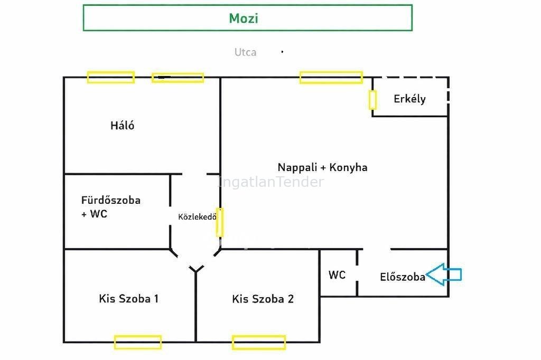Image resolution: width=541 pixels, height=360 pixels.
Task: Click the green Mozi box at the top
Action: (x=247, y=18)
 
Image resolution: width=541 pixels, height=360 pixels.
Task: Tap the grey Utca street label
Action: (x=245, y=52)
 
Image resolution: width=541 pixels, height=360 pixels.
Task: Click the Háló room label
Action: (x=122, y=126)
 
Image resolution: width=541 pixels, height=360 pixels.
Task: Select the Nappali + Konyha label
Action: (x=322, y=167)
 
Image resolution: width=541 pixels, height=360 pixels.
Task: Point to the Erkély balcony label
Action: (x=409, y=99)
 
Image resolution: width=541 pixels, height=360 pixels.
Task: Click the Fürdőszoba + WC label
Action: (x=110, y=207)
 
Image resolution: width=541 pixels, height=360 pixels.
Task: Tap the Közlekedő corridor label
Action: (x=197, y=216)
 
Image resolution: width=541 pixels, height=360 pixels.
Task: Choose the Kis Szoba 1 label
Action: (x=128, y=299)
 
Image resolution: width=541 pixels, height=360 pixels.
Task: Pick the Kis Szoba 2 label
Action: (x=263, y=299)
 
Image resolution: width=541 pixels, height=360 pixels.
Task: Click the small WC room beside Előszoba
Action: (x=337, y=275)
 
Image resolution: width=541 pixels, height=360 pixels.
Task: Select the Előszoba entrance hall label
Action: (x=403, y=277)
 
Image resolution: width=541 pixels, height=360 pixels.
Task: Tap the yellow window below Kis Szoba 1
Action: (x=137, y=342)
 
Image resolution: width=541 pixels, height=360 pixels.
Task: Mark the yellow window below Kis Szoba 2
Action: (x=258, y=342)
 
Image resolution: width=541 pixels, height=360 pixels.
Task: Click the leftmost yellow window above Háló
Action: (x=110, y=78)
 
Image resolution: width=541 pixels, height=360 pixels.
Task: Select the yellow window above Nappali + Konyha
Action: (x=331, y=78)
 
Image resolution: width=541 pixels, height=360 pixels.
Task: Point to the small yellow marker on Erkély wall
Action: (x=372, y=100)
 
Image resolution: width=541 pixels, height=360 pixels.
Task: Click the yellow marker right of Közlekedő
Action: (x=220, y=222)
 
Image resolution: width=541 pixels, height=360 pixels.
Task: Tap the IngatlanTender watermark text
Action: (x=270, y=183)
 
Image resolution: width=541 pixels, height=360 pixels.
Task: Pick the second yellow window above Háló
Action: (x=178, y=78)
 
